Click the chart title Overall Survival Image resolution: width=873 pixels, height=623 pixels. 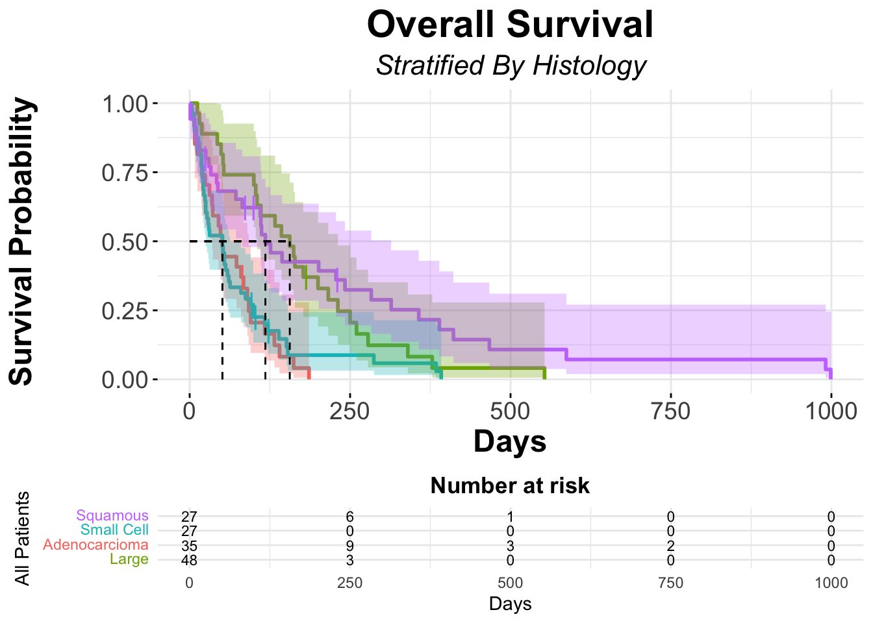[510, 25]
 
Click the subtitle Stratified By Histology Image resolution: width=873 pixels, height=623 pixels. [511, 66]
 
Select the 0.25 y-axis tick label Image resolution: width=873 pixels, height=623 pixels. [125, 311]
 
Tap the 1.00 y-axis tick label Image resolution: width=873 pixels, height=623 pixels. [125, 104]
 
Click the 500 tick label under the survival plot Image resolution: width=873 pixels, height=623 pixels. [510, 411]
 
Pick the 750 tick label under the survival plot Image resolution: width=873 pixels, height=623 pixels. [670, 411]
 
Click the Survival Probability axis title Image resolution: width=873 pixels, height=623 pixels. [22, 241]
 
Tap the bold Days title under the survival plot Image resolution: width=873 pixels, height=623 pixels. [510, 441]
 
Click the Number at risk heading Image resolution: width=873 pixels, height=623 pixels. [510, 485]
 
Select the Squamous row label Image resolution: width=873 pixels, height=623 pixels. [112, 516]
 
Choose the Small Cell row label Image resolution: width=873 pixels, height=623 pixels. [114, 530]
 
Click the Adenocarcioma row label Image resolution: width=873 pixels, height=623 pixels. [95, 545]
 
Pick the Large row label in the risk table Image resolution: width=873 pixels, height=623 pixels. [129, 559]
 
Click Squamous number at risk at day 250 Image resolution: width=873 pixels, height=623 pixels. [349, 517]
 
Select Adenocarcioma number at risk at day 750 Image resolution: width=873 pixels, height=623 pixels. [670, 546]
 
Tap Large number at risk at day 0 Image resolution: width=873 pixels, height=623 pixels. [189, 561]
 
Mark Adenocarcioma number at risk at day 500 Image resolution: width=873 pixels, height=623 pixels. [510, 546]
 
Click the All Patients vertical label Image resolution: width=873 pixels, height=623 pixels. [23, 538]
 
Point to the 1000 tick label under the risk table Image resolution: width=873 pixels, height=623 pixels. [831, 583]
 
